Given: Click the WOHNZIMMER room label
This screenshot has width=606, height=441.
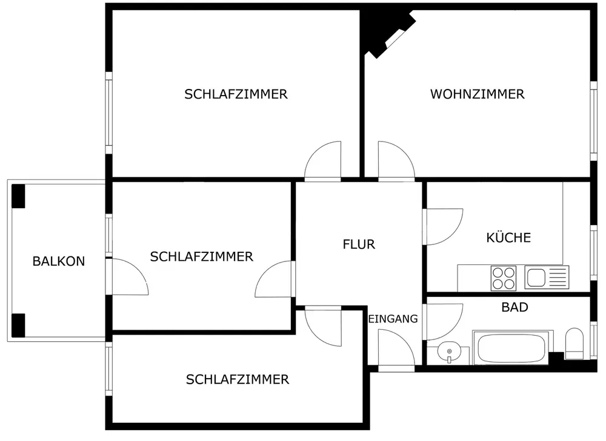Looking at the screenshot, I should coord(477,94).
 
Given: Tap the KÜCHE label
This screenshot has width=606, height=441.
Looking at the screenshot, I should coord(508,238).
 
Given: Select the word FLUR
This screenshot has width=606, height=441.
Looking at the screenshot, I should coord(359,244).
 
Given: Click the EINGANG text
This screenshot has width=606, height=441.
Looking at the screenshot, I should coord(393,319).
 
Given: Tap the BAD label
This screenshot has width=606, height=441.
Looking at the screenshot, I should coord(514,307).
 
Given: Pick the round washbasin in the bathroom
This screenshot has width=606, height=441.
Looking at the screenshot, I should coord(448,350).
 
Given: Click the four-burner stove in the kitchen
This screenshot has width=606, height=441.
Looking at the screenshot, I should coord(503,278).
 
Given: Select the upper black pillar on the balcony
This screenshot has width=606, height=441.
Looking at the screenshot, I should coord(19,195).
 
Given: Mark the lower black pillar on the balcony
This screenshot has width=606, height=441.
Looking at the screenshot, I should coord(19,325).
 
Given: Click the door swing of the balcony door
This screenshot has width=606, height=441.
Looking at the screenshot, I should coord(128,277).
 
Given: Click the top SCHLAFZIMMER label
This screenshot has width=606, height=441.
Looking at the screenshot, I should coord(236,94).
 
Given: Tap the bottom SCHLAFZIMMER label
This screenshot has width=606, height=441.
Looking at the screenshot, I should coord(238,380).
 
